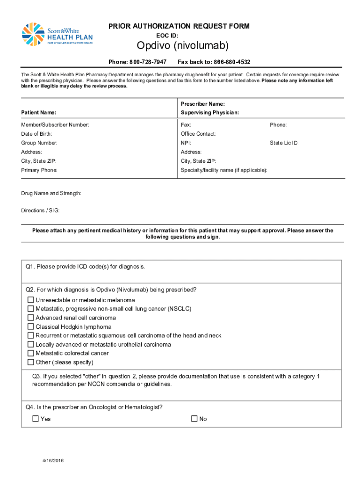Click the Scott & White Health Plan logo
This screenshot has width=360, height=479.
(x=57, y=35)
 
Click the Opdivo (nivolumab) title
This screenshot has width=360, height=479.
(x=182, y=46)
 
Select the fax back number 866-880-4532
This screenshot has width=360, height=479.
(x=232, y=62)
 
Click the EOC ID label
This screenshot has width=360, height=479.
(x=167, y=35)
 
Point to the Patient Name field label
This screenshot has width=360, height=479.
(x=39, y=113)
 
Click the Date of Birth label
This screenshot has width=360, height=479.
(x=36, y=134)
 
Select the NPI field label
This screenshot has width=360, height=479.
(x=186, y=143)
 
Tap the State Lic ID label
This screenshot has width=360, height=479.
(x=284, y=143)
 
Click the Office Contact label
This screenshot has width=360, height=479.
(x=198, y=134)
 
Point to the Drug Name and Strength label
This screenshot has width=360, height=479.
(x=51, y=193)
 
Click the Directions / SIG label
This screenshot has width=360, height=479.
(x=40, y=210)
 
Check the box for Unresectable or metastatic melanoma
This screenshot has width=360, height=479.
(x=31, y=300)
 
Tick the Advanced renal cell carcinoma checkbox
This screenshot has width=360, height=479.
(x=31, y=318)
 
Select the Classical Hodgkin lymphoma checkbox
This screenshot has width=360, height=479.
(x=31, y=327)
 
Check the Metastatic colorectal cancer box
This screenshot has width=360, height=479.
(x=31, y=353)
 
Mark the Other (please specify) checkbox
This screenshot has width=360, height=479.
(x=31, y=362)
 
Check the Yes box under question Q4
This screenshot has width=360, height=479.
(x=36, y=419)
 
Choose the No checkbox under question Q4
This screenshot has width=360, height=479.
(x=194, y=419)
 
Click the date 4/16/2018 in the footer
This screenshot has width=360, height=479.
(x=52, y=460)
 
